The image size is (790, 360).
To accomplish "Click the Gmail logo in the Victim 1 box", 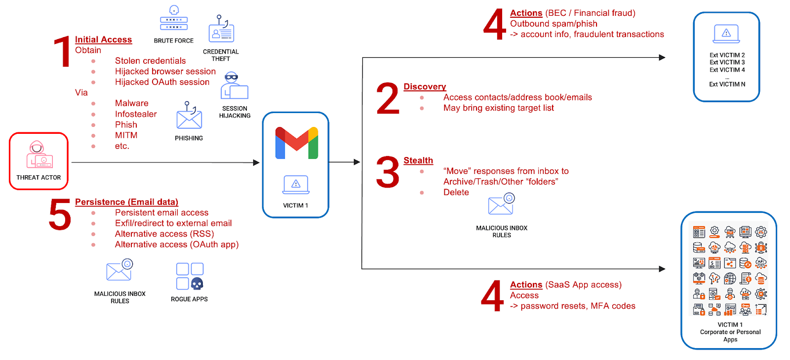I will tap(296, 143).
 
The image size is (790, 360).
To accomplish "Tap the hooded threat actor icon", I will tap(39, 154).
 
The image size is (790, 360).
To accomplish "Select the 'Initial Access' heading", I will tap(103, 40).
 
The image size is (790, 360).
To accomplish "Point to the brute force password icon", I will tap(173, 19).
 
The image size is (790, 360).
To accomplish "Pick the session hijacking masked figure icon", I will tap(234, 86).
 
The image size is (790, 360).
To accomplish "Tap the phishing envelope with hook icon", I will tap(189, 117).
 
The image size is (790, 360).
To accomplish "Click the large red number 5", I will tap(60, 215).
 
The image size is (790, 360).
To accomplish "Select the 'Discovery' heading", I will tap(425, 87).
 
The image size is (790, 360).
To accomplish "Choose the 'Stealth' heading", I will tap(418, 160).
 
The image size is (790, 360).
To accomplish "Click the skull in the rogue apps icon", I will tap(197, 283).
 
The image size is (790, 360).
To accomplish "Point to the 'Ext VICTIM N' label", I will tap(727, 84).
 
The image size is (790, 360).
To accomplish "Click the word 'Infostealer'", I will tap(136, 114).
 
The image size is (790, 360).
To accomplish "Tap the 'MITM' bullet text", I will tap(126, 135).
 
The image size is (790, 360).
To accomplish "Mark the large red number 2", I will tap(388, 99).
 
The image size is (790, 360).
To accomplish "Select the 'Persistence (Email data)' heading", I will tap(126, 202).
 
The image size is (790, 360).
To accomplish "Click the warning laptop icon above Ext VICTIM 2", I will tap(726, 34).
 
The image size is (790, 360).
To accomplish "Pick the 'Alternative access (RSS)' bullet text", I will tap(164, 234).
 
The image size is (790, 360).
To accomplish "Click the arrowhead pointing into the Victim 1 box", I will tap(256, 162).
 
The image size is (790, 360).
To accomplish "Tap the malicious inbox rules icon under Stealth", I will tap(501, 204).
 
